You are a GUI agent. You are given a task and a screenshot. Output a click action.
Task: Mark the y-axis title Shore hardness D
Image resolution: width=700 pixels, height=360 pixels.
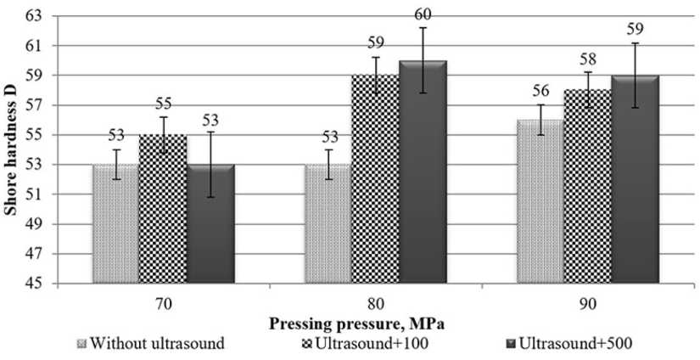tap(13, 149)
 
